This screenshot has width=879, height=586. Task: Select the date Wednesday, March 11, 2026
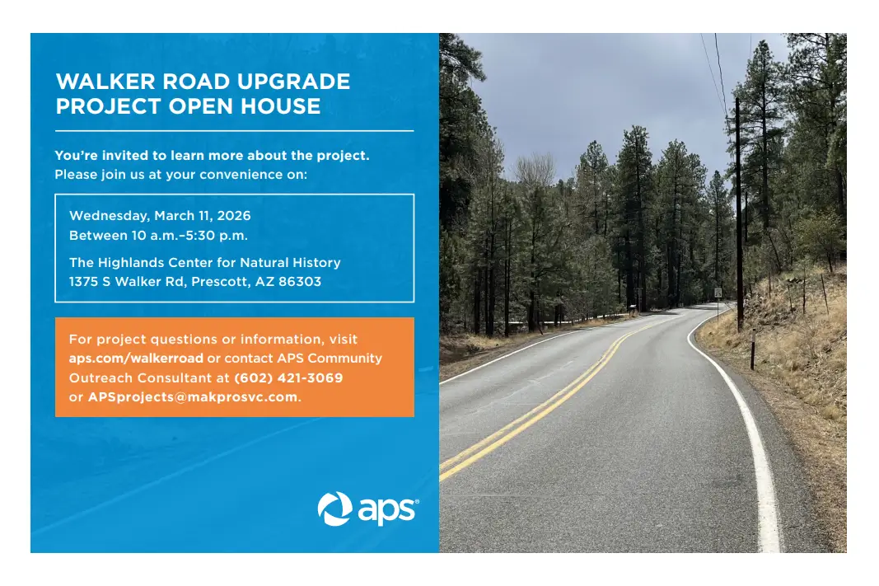160,216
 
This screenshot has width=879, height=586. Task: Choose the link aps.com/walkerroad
136,359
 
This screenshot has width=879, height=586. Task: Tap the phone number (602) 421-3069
288,378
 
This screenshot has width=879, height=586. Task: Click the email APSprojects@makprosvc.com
193,397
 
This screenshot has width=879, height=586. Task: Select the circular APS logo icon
334,509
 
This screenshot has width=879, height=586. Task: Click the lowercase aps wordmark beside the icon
386,510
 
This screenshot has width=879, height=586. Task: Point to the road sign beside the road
718,293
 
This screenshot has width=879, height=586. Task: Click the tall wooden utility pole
739,214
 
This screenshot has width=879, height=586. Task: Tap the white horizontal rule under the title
234,131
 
